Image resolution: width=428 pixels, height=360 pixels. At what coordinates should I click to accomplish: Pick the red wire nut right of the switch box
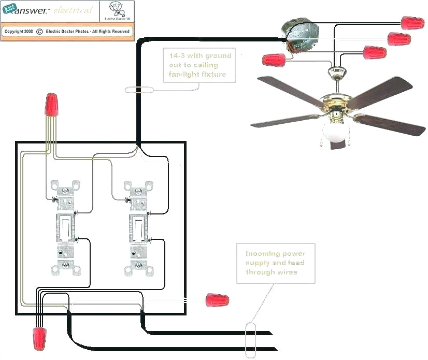pyautogui.click(x=217, y=300)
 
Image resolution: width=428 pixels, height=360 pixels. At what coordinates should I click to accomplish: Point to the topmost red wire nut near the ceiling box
pyautogui.click(x=412, y=22)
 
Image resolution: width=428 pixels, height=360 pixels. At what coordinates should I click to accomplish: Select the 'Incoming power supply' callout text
pyautogui.click(x=275, y=263)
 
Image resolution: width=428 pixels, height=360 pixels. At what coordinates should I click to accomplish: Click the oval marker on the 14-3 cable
pyautogui.click(x=139, y=90)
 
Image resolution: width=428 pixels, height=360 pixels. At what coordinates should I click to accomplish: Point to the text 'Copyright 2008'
pyautogui.click(x=19, y=31)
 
